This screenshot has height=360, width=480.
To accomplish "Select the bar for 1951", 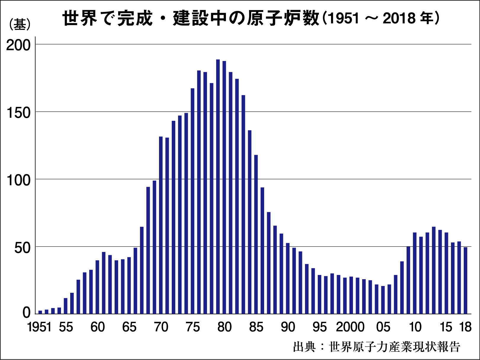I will click(40, 312).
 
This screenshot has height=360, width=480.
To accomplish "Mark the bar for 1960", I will click(97, 287).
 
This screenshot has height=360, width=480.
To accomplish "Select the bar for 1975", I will click(192, 201).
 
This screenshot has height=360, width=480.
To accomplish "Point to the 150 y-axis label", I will click(18, 113).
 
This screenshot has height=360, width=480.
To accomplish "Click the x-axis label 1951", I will click(39, 327).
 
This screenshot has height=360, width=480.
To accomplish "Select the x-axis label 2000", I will click(350, 327).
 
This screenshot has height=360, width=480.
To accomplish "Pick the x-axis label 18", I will click(465, 327).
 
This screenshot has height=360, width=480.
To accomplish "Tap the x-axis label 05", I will click(383, 327).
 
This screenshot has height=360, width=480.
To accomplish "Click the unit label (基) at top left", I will click(20, 25).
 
